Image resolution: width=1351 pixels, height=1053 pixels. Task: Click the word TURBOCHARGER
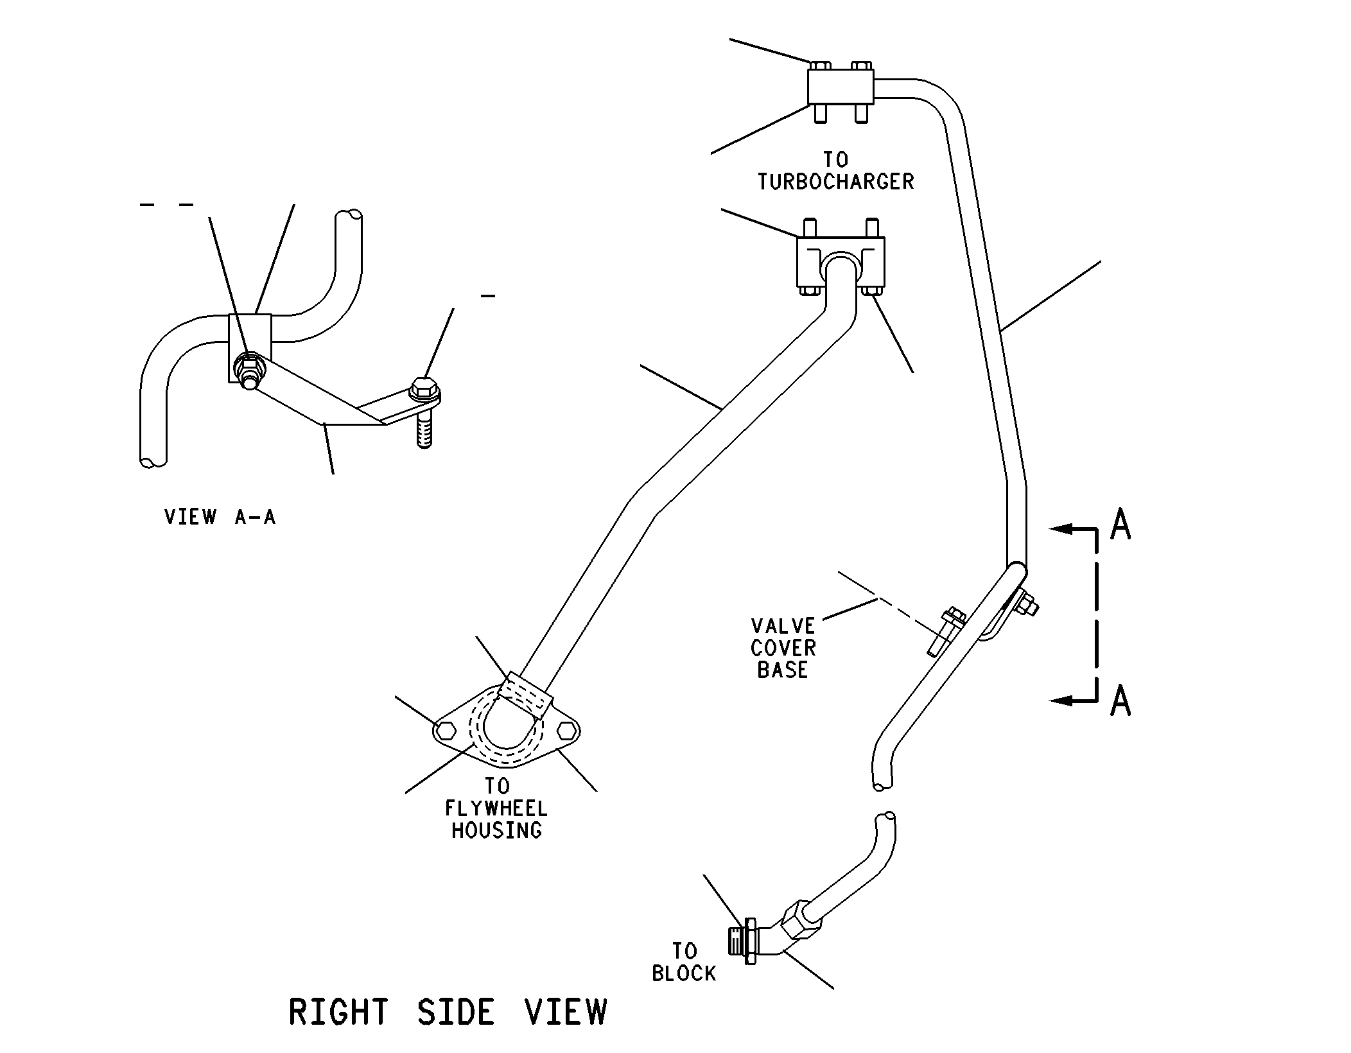(835, 182)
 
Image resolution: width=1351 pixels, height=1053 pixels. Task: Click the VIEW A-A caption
(220, 517)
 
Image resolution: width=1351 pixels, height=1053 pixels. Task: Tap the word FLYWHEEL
(496, 808)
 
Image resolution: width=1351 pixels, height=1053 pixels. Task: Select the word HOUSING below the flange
(496, 831)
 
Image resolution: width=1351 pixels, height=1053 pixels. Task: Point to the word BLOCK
(684, 974)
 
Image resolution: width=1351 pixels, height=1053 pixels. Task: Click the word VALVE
(783, 626)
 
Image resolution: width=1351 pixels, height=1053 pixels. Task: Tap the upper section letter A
(1120, 525)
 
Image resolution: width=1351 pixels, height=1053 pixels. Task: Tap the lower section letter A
(1120, 700)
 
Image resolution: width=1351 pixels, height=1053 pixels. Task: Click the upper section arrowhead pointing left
(1061, 529)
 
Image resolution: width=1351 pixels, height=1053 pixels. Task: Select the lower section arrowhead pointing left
(1061, 701)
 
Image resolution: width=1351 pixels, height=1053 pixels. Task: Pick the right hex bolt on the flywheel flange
(567, 731)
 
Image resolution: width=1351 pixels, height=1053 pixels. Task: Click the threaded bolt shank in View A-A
(424, 427)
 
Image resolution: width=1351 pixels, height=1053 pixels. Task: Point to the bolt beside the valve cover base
(944, 632)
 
